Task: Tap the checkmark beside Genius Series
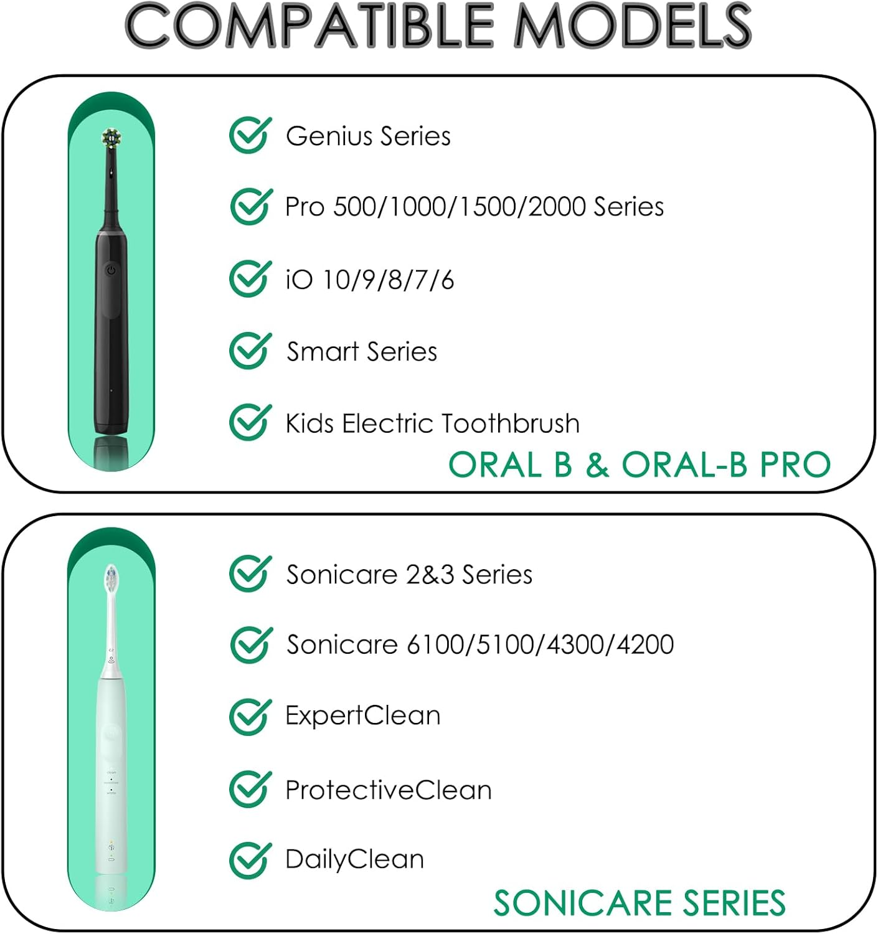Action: pyautogui.click(x=250, y=136)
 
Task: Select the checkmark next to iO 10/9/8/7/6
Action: pyautogui.click(x=250, y=279)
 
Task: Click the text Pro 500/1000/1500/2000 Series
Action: pyautogui.click(x=474, y=207)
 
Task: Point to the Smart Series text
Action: pyautogui.click(x=361, y=352)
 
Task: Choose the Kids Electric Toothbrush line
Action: pyautogui.click(x=432, y=423)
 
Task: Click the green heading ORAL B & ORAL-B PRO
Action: pyautogui.click(x=640, y=465)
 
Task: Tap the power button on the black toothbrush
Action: pyautogui.click(x=111, y=270)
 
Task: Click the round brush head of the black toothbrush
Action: pyautogui.click(x=111, y=138)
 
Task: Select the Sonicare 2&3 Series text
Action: pyautogui.click(x=409, y=575)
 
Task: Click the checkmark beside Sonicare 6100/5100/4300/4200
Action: pyautogui.click(x=250, y=645)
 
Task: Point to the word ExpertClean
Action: pyautogui.click(x=362, y=716)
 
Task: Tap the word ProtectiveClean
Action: pyautogui.click(x=388, y=790)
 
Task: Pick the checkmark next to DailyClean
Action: pyautogui.click(x=250, y=860)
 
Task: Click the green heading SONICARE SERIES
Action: pyautogui.click(x=640, y=903)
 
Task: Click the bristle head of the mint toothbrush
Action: pyautogui.click(x=111, y=579)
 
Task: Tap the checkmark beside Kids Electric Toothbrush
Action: pyautogui.click(x=250, y=422)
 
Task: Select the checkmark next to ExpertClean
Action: pyautogui.click(x=250, y=717)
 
